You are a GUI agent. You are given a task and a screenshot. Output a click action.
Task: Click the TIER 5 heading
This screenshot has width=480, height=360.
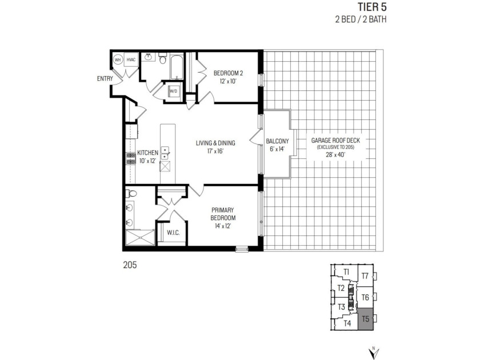(372, 6)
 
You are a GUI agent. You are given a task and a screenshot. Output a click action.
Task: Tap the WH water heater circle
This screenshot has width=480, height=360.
(118, 59)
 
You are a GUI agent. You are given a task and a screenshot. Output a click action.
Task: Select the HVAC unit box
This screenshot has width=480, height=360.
(131, 59)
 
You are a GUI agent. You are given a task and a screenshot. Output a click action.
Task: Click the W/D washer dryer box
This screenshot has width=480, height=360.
(174, 91)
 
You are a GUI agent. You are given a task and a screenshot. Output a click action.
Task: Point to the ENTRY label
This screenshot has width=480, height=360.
(105, 79)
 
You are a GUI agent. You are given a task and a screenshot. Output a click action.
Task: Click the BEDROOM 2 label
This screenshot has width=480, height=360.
(228, 73)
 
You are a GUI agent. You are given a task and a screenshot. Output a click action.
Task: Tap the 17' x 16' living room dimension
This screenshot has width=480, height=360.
(215, 151)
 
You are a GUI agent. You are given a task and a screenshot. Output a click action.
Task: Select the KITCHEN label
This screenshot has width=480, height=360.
(147, 153)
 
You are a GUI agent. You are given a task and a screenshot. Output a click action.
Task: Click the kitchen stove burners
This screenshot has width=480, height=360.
(131, 159)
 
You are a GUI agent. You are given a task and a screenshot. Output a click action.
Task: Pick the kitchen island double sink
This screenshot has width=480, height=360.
(165, 153)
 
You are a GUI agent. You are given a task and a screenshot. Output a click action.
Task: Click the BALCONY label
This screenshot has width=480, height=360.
(277, 141)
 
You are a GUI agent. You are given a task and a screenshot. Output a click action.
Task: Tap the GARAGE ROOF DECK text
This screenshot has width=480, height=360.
(335, 141)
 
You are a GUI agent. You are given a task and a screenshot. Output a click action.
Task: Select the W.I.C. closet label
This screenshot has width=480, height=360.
(173, 233)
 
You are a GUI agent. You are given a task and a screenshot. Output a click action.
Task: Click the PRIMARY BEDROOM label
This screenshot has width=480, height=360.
(223, 214)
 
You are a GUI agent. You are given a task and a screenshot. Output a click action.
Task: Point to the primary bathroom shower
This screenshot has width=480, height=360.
(140, 237)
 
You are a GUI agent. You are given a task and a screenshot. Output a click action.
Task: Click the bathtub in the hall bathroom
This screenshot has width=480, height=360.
(177, 67)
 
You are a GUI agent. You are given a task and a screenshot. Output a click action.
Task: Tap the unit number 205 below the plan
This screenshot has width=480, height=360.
(130, 265)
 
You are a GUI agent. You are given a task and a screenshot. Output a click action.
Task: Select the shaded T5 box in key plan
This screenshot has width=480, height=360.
(365, 319)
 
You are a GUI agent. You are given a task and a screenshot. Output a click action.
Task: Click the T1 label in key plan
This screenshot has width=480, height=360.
(346, 271)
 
